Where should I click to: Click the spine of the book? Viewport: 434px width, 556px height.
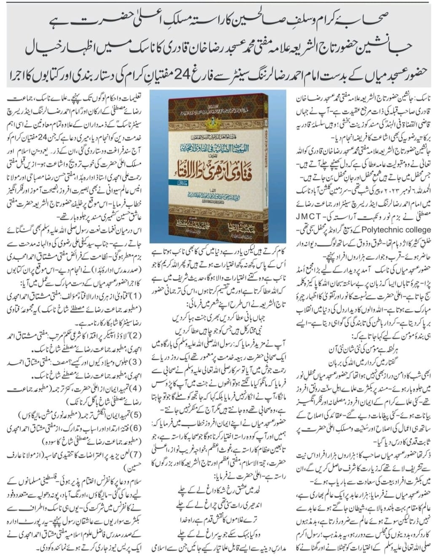(x=171, y=168)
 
